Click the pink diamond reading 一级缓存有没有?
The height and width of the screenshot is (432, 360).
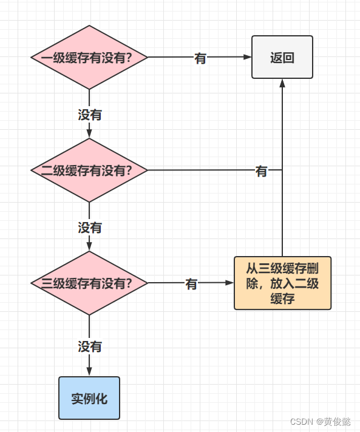(89, 58)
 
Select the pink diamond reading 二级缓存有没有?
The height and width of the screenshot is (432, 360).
(89, 170)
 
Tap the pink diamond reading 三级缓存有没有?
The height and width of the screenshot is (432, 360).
(89, 283)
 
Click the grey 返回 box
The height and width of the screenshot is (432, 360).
(282, 58)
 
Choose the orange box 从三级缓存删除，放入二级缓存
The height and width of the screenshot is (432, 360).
(282, 283)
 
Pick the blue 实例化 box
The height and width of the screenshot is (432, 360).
(89, 398)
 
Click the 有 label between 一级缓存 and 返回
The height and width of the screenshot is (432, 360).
(200, 59)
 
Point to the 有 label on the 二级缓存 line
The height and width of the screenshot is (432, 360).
(261, 171)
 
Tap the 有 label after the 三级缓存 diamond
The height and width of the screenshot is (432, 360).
(191, 284)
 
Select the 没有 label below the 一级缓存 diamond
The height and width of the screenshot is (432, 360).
(90, 114)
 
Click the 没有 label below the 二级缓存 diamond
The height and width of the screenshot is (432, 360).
(90, 228)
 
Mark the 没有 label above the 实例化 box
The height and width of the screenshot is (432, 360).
(90, 346)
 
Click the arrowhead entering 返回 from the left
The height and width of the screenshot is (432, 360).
(248, 58)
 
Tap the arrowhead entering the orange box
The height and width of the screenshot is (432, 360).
(230, 283)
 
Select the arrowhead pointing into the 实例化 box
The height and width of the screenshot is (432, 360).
(89, 372)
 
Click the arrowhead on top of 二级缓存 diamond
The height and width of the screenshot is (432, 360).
(89, 133)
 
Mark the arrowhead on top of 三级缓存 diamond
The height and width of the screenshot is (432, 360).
(89, 246)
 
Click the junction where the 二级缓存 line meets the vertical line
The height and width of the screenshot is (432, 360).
(282, 170)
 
